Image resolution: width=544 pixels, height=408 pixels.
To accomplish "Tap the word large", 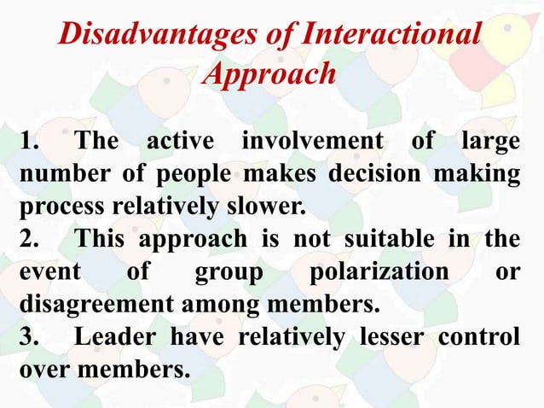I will click(x=489, y=142).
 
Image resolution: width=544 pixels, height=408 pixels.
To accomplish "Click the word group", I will click(x=225, y=273).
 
